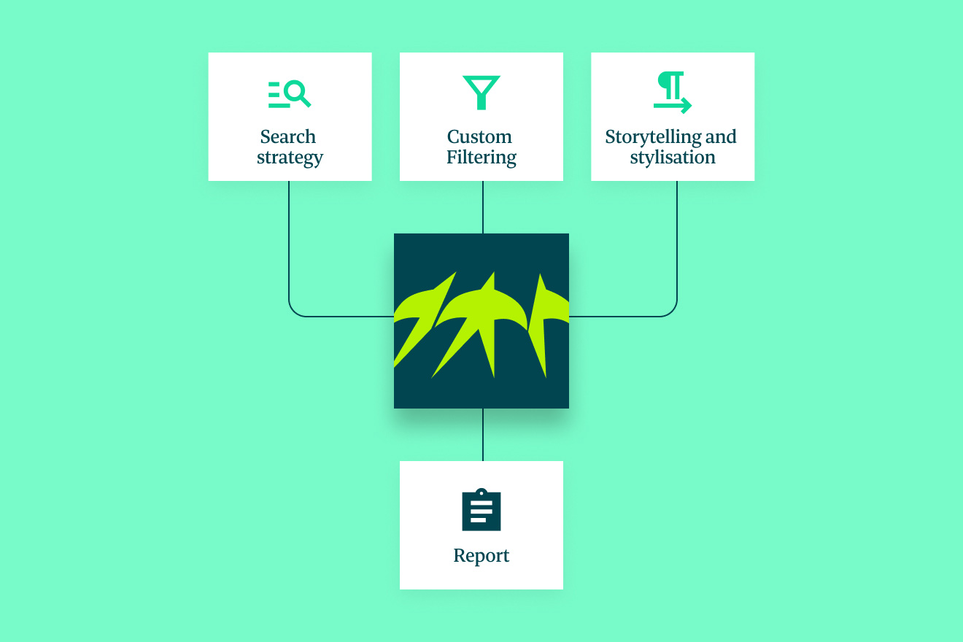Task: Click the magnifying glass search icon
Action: pos(290,94)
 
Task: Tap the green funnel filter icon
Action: pos(481,93)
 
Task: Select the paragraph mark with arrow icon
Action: pos(672,93)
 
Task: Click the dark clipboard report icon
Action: pos(481,510)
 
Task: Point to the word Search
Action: pos(288,137)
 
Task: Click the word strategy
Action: pos(290,158)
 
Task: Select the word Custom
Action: pos(479,137)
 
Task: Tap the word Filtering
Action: pos(481,158)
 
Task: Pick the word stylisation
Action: pos(673,158)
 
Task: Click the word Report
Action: pos(481,556)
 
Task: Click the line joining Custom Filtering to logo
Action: pos(483,207)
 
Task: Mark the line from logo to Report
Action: pos(483,435)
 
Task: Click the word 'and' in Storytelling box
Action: pos(721,137)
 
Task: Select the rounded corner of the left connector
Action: pos(294,312)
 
